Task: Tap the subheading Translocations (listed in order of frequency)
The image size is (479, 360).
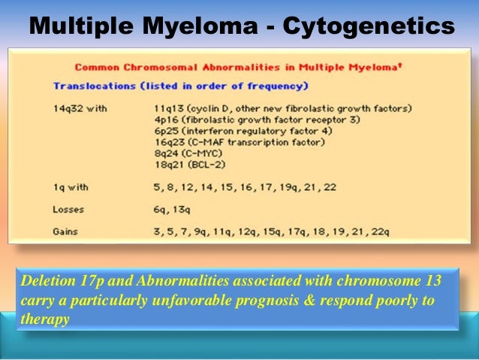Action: tap(181, 86)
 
